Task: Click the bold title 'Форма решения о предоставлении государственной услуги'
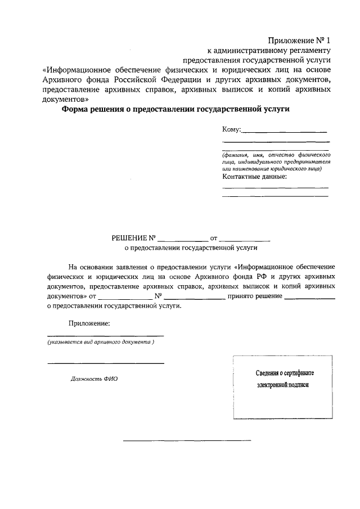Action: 175,110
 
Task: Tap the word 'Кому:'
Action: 231,130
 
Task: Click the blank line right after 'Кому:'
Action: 284,132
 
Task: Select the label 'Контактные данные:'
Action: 255,177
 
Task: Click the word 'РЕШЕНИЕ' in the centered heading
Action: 130,238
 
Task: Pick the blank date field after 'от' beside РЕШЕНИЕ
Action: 245,240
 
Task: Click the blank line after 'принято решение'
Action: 310,298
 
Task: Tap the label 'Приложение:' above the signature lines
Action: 89,323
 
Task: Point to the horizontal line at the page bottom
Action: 187,440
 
